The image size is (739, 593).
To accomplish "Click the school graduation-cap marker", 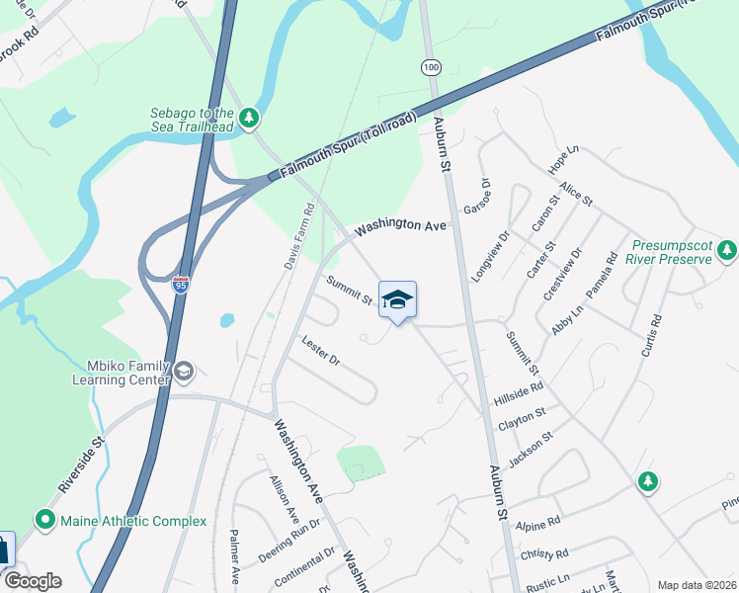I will click(397, 300).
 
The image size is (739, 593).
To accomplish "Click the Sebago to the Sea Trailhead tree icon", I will click(250, 119).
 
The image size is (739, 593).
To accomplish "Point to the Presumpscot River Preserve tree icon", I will click(727, 250).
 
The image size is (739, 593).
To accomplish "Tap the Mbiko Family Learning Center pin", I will click(184, 371).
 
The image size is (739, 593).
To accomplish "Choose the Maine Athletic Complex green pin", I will click(44, 519).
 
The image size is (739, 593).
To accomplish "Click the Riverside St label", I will click(80, 466).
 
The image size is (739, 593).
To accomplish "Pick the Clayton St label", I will click(523, 420).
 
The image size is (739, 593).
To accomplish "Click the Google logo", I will click(32, 581).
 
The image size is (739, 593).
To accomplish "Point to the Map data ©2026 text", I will click(696, 585).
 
